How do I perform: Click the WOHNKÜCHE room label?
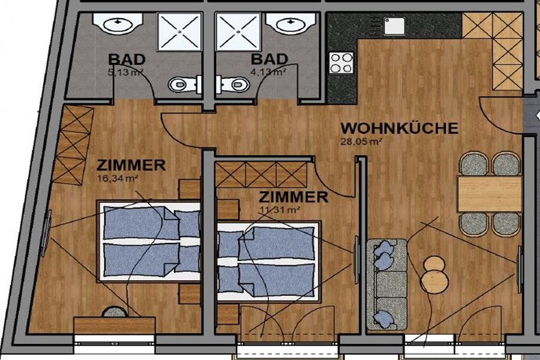400,128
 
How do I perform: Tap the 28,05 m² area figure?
361,141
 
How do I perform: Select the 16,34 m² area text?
118,178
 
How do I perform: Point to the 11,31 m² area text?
279,209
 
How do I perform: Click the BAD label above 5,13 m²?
127,59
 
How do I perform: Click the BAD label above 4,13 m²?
269,59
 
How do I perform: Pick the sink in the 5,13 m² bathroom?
118,23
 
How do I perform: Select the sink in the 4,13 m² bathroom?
290,23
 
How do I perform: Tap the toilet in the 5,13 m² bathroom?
182,84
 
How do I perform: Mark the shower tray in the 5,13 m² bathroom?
179,32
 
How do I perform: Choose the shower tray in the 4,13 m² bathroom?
238,32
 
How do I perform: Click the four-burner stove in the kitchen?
341,62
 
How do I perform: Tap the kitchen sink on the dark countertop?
394,26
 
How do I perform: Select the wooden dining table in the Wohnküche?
490,194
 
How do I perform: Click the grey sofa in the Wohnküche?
387,284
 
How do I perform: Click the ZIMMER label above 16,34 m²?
131,166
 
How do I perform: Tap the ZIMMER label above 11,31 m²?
293,197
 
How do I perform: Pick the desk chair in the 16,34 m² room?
115,312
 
